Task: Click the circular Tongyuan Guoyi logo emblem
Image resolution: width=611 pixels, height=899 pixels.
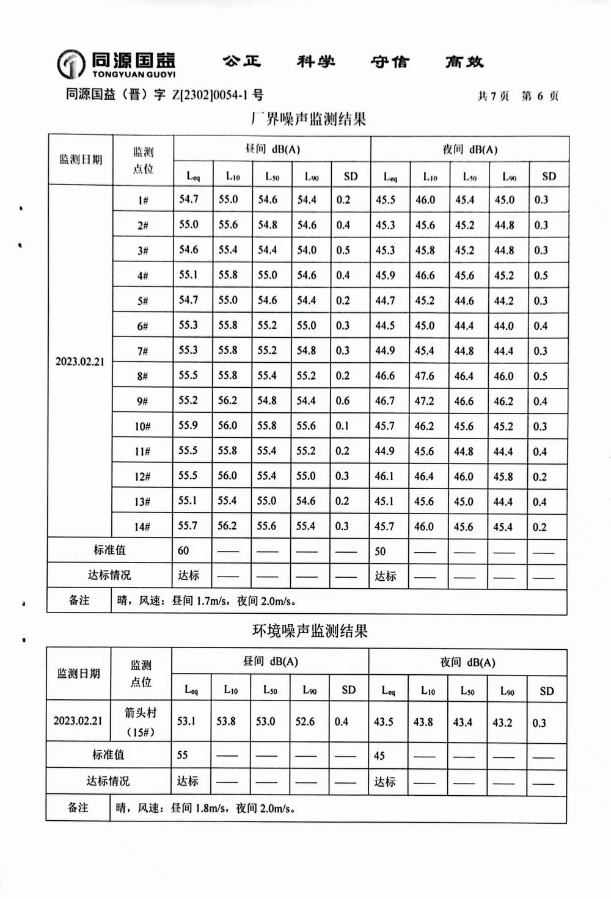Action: pyautogui.click(x=70, y=64)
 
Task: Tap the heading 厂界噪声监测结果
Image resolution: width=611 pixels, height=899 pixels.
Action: pyautogui.click(x=309, y=118)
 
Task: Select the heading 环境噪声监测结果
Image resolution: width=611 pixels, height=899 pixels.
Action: pyautogui.click(x=310, y=630)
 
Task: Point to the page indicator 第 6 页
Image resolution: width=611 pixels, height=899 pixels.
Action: pyautogui.click(x=540, y=96)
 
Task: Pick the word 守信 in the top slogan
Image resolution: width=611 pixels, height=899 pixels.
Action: pyautogui.click(x=389, y=62)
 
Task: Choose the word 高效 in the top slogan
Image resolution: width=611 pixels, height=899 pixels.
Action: pyautogui.click(x=464, y=62)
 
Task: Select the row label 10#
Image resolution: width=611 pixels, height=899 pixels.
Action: pyautogui.click(x=142, y=426)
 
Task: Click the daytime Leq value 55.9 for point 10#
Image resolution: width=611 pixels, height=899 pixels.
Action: pyautogui.click(x=188, y=425)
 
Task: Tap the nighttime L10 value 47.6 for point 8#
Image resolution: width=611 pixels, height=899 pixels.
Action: pyautogui.click(x=425, y=376)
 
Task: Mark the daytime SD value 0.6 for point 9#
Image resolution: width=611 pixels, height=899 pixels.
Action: pyautogui.click(x=343, y=401)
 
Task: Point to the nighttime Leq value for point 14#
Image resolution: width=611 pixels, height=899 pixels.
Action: pyautogui.click(x=385, y=526)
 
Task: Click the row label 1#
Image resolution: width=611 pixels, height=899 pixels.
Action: pyautogui.click(x=143, y=200)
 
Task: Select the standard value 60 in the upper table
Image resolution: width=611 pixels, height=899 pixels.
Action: pyautogui.click(x=183, y=550)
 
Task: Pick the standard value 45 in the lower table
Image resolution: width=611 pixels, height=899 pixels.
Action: pyautogui.click(x=379, y=755)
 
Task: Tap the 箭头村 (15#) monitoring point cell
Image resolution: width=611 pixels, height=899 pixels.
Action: pyautogui.click(x=141, y=722)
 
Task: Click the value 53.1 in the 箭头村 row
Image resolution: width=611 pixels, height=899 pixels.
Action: pyautogui.click(x=186, y=721)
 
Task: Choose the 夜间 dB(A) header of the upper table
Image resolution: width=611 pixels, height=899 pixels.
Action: pyautogui.click(x=470, y=150)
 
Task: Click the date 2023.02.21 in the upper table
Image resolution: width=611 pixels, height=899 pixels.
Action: pyautogui.click(x=80, y=362)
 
